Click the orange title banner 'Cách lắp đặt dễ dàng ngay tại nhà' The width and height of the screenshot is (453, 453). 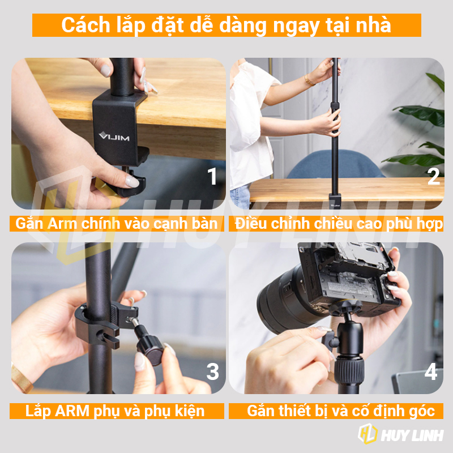pos(226,25)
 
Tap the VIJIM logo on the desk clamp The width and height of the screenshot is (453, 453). pos(114,136)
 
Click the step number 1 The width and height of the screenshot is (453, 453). pos(212,176)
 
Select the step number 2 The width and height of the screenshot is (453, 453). pos(434,176)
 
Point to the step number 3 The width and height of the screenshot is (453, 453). pos(213,371)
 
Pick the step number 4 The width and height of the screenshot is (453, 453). pos(431,371)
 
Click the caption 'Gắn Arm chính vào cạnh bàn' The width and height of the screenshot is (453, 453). pos(117,224)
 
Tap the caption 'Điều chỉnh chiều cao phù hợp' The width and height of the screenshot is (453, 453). pos(339,224)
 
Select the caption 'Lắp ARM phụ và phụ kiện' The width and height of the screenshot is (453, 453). pos(115,411)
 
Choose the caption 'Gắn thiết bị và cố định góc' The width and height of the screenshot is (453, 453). pos(341,411)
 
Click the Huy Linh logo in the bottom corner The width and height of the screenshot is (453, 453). pos(400,434)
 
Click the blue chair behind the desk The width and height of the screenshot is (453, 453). pos(335,164)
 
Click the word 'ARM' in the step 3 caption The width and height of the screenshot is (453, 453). pos(72,411)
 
